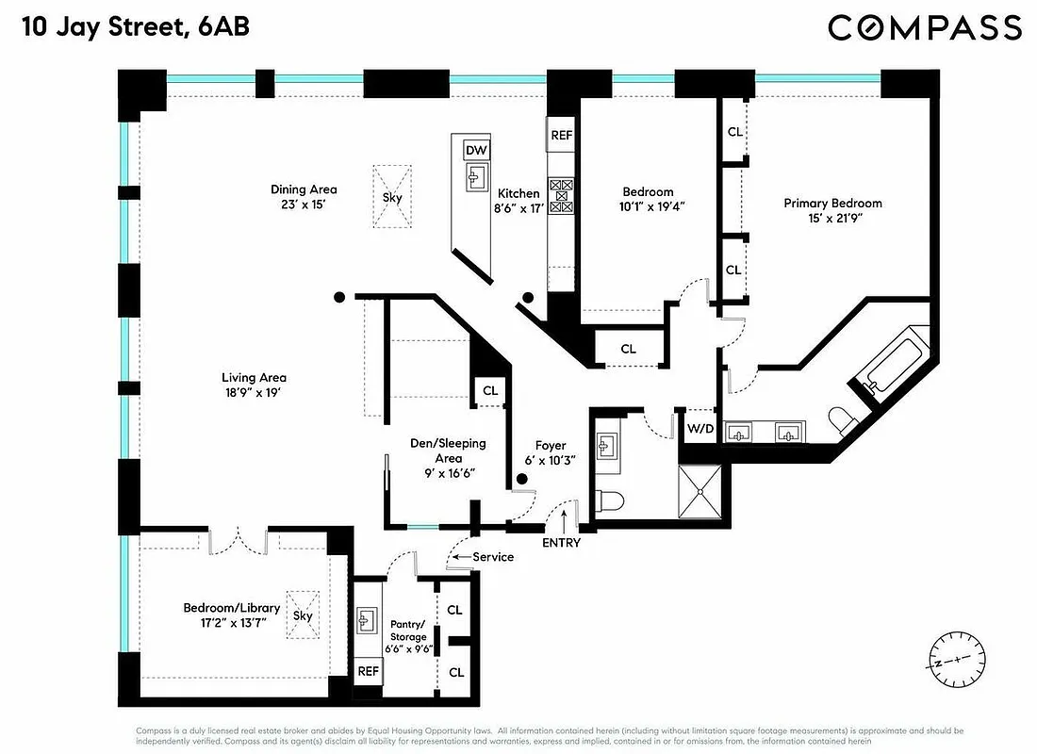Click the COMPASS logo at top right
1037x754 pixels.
tap(924, 27)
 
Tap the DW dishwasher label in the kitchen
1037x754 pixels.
tap(476, 151)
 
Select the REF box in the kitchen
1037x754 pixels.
tap(562, 136)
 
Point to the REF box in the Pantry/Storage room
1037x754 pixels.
tap(369, 672)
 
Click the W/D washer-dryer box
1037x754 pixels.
tap(700, 429)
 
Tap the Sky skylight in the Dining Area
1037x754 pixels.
tap(392, 198)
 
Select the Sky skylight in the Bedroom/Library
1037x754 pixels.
tap(302, 615)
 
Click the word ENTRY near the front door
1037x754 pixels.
tap(561, 543)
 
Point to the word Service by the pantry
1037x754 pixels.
tap(493, 557)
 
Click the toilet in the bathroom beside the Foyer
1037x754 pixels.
tap(612, 500)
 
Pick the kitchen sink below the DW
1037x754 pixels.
tap(476, 175)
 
